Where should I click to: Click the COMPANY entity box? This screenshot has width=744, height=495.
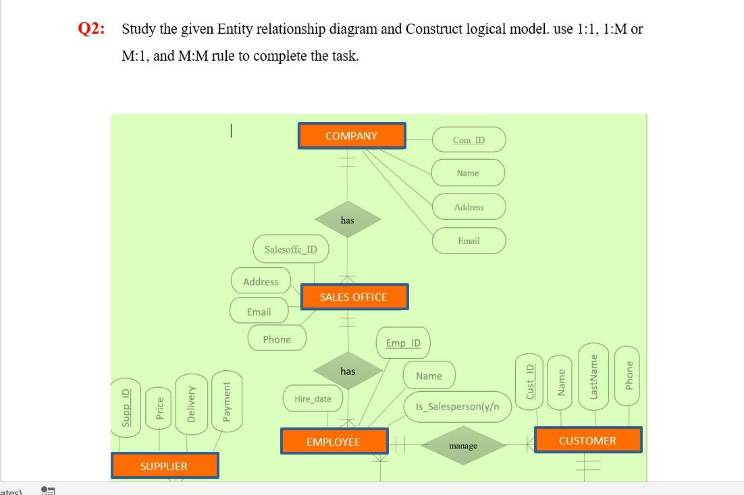(x=351, y=136)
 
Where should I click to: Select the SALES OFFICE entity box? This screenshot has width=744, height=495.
(x=354, y=297)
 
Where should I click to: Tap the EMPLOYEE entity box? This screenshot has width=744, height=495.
(x=334, y=442)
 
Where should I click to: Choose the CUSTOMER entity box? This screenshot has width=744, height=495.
(x=587, y=440)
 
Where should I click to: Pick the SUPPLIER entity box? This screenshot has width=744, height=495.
(x=164, y=466)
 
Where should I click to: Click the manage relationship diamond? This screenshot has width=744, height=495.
(x=463, y=446)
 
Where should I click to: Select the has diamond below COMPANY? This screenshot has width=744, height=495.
(x=348, y=220)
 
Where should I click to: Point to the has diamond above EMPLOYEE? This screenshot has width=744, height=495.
(x=348, y=371)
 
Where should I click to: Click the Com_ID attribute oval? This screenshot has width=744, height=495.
(x=469, y=140)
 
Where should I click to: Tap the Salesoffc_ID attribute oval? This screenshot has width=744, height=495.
(x=291, y=250)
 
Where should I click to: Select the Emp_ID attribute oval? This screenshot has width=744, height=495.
(x=403, y=343)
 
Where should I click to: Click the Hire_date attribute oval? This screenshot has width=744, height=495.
(x=313, y=399)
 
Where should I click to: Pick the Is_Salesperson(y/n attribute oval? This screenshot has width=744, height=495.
(x=458, y=407)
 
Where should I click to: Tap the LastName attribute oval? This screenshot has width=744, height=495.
(x=594, y=376)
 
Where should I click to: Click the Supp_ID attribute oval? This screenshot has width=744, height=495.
(x=125, y=407)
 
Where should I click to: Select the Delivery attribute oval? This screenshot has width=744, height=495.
(x=190, y=403)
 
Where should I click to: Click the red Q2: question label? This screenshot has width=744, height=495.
(x=91, y=29)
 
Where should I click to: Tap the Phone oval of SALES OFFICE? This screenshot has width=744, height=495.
(x=277, y=339)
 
